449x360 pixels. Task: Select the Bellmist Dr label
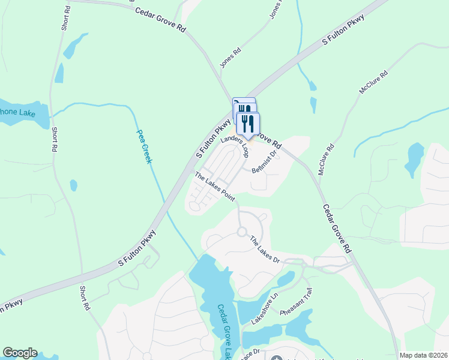click(264, 162)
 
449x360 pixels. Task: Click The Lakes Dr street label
click(265, 249)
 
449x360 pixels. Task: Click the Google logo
click(20, 353)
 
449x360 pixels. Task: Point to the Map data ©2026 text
click(424, 355)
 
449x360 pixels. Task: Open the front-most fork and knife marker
click(248, 123)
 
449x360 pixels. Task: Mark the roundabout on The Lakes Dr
click(243, 232)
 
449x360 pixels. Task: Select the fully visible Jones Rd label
click(230, 58)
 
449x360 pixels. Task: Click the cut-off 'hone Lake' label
click(17, 113)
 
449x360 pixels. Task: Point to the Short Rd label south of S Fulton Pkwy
click(85, 298)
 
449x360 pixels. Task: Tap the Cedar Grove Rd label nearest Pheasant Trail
click(337, 228)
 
